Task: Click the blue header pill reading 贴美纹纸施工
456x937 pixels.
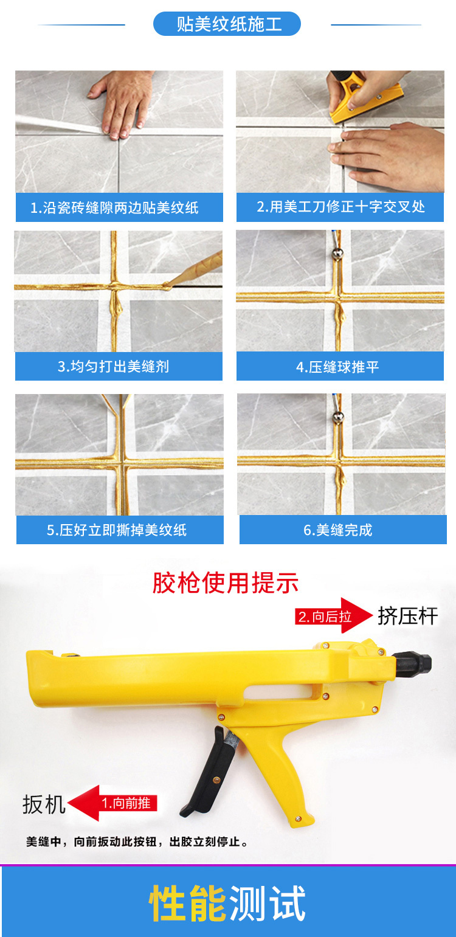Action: coord(227,24)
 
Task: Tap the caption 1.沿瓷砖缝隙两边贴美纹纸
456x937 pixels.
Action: coord(114,208)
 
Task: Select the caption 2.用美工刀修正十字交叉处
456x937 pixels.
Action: coord(340,207)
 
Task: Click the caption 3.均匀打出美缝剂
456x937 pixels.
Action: coord(113,367)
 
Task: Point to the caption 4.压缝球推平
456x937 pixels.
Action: coord(337,367)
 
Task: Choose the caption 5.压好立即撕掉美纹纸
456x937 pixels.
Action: coord(117,530)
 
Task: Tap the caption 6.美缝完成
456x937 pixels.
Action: coord(337,530)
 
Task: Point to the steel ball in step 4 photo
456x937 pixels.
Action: coord(337,254)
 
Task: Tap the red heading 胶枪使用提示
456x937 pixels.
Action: coord(226,583)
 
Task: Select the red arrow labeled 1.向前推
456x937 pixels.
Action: coord(112,803)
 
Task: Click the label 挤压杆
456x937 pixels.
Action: coord(408,616)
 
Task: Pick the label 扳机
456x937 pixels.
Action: coord(44,804)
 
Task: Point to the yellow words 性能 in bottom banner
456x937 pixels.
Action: coord(187,902)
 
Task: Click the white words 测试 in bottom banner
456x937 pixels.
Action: coord(268,902)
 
